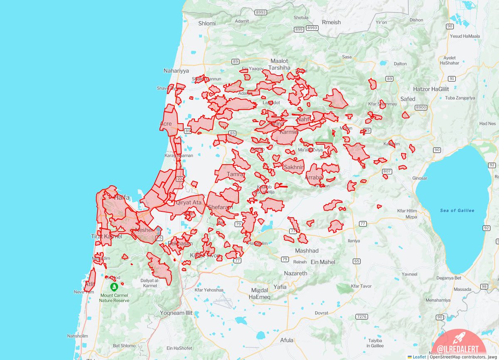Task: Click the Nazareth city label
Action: tap(296, 273)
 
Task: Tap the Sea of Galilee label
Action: tap(457, 211)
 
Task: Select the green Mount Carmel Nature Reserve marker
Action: tap(114, 287)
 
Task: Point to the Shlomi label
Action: tap(207, 23)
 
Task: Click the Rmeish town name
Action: tap(331, 22)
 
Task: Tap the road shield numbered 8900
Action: tap(421, 107)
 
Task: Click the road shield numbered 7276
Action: tap(361, 317)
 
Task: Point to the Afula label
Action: tap(287, 340)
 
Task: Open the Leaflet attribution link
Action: tap(419, 357)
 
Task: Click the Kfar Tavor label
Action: tap(361, 286)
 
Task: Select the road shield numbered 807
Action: tap(387, 171)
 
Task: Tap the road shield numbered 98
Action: tap(483, 287)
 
